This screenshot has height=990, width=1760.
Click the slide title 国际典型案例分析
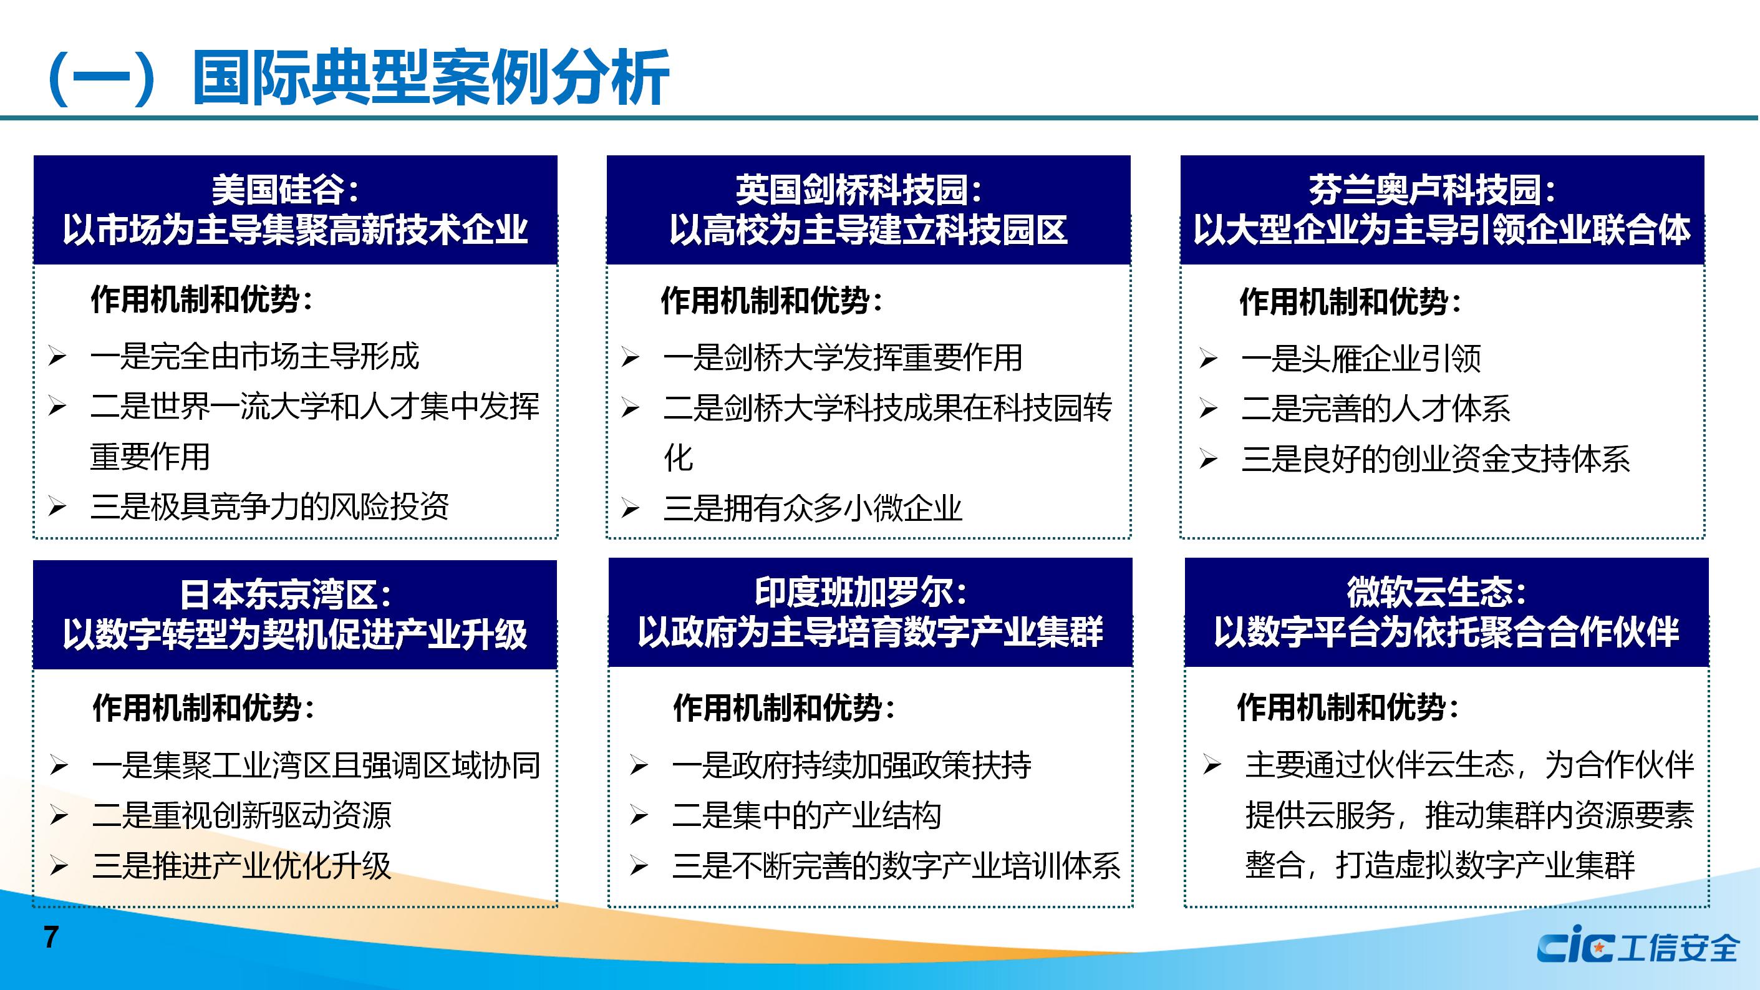tap(430, 77)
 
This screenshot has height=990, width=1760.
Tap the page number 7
tap(51, 938)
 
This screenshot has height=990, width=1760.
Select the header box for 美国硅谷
tap(295, 210)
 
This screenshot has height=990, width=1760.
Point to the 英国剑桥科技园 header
tap(868, 210)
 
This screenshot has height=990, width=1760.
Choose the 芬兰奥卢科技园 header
tap(1443, 210)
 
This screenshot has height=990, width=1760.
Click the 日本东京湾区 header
tap(295, 614)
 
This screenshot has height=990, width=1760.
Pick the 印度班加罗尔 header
tap(871, 612)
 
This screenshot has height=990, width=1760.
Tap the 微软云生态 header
tap(1446, 612)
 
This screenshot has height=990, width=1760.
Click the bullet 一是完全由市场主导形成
tap(254, 357)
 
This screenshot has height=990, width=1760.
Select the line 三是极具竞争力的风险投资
tap(269, 507)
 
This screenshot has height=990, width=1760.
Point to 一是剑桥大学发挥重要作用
tap(843, 358)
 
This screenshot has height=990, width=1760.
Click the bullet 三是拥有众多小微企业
tap(813, 508)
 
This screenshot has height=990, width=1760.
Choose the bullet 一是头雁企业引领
tap(1361, 359)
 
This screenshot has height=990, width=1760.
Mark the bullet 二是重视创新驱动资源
tap(242, 815)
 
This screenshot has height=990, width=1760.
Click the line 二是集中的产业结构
tap(806, 815)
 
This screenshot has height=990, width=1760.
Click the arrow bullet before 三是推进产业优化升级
tap(59, 866)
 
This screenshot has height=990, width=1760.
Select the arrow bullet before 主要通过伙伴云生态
tap(1212, 765)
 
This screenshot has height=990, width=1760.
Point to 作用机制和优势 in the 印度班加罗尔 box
tap(777, 708)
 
